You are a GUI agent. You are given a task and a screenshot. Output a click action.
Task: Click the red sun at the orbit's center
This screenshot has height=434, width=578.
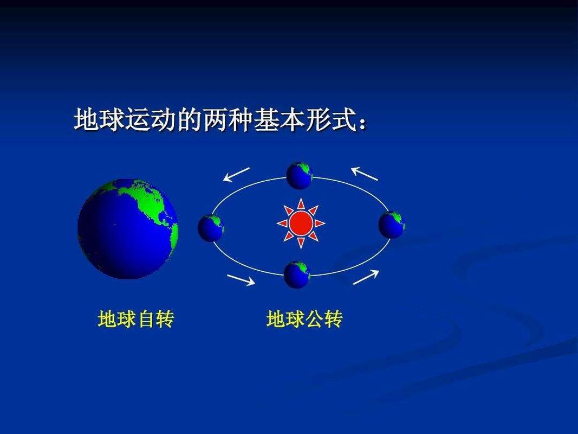(301, 223)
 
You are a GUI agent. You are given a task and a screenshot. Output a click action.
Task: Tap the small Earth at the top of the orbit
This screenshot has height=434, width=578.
(300, 175)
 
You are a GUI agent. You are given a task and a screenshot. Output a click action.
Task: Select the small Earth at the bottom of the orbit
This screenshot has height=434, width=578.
(297, 275)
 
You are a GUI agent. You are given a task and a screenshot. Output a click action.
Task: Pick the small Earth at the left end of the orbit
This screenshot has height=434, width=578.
(211, 228)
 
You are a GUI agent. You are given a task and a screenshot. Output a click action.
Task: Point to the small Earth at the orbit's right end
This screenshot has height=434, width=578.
(391, 225)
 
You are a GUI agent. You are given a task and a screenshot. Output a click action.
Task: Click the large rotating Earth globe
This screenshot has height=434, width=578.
(128, 228)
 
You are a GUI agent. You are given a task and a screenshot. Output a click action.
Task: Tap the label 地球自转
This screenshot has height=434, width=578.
(135, 319)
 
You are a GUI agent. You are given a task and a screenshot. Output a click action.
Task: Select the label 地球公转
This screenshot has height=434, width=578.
(304, 319)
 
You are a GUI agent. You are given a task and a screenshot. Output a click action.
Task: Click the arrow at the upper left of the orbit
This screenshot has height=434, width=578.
(237, 174)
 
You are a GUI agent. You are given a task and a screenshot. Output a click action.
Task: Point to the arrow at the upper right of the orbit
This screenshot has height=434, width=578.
(365, 173)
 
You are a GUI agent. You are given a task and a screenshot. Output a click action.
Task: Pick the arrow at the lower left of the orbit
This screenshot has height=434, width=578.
(241, 279)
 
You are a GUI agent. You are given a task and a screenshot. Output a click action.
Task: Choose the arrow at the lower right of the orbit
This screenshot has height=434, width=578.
(366, 277)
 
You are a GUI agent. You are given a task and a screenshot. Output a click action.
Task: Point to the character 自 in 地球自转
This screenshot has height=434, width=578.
(145, 319)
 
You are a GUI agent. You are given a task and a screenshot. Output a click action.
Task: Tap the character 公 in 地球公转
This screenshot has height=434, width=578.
(314, 319)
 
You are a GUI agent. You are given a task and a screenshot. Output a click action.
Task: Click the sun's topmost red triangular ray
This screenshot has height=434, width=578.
(301, 205)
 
